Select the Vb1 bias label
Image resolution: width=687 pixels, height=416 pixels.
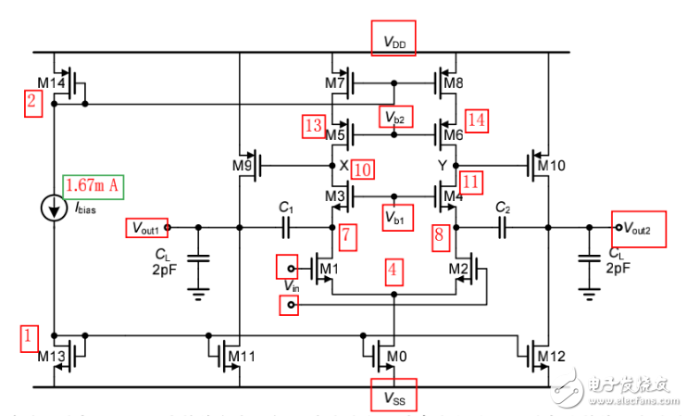click(x=395, y=216)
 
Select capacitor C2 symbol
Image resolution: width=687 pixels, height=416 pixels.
click(x=502, y=226)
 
